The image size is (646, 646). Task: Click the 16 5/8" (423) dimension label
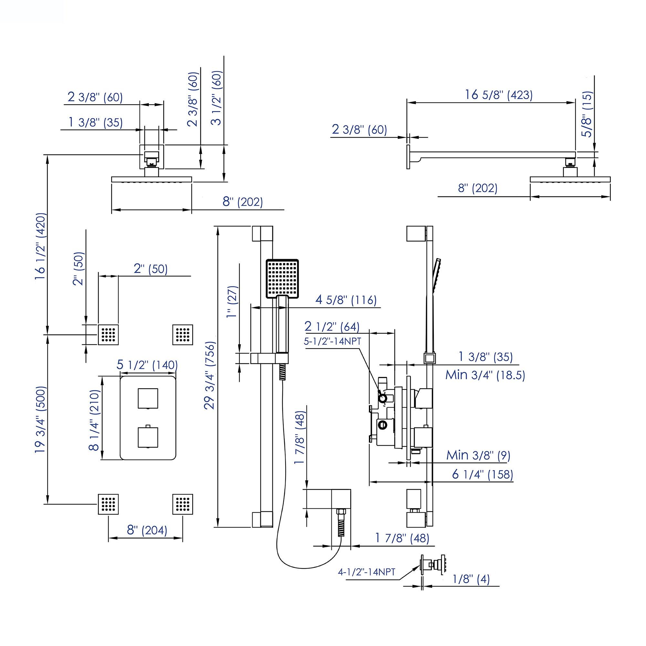coord(498,95)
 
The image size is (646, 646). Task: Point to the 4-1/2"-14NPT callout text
coord(367,572)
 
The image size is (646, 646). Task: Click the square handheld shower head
coord(282,279)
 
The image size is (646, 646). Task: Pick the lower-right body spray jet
coord(182,504)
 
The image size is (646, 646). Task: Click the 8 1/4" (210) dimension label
coord(95,420)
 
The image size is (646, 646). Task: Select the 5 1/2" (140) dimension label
coord(147,365)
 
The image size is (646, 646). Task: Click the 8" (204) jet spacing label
coord(147,530)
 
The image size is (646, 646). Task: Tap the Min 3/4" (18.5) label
coord(485,375)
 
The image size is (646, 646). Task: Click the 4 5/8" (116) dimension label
coord(346,300)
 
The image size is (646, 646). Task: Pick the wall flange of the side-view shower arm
coord(408,157)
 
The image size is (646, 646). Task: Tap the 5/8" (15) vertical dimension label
coord(587,114)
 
